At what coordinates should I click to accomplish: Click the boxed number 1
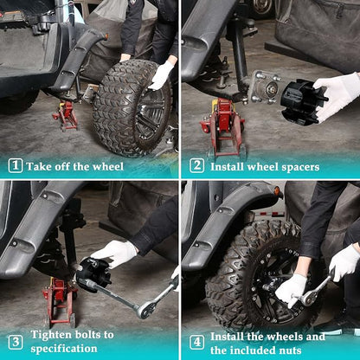[16, 165]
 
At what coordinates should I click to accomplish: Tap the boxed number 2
[196, 165]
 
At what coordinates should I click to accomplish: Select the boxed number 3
[16, 342]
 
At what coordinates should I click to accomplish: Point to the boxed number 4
[196, 342]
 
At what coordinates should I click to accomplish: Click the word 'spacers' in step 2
[300, 167]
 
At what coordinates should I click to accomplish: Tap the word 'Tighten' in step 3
[51, 335]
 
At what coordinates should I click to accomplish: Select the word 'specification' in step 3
[64, 349]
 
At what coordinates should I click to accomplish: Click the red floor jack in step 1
[66, 115]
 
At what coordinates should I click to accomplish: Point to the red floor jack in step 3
[60, 301]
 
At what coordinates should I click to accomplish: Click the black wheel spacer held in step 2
[303, 102]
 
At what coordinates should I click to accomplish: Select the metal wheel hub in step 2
[265, 87]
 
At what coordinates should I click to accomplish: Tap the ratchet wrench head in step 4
[307, 299]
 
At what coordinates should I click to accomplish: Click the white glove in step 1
[161, 75]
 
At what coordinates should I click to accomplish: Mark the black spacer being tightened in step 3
[93, 274]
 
